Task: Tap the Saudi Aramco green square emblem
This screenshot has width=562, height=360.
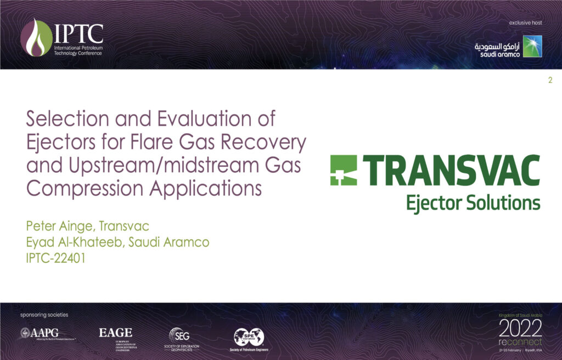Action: (x=532, y=47)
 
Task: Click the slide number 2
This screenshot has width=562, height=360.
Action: (x=550, y=81)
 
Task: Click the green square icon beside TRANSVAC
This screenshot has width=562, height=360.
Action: (x=344, y=170)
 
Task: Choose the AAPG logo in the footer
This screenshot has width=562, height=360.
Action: (x=47, y=333)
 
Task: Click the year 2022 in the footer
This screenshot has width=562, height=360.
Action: (x=520, y=328)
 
